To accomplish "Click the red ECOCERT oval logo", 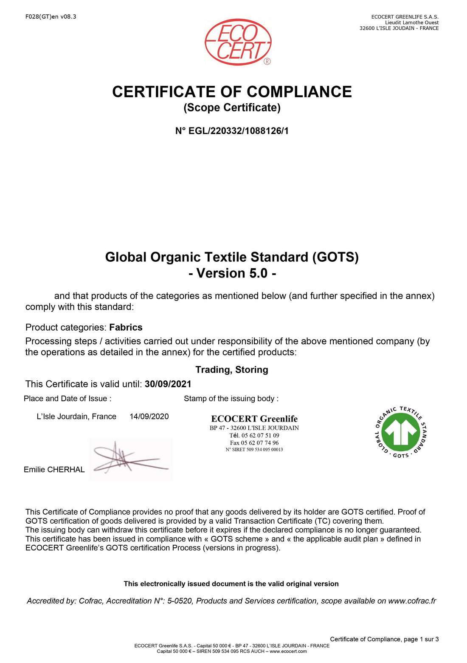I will pos(238,42).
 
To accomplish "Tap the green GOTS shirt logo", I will pos(401,432).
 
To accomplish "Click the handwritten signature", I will pos(129,459).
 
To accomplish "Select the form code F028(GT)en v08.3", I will pos(51,17).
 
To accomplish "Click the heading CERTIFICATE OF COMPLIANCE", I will pos(232,92).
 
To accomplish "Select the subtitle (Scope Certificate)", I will pos(232,108).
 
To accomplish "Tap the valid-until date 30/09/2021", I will pos(168,384).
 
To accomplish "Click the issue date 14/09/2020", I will pos(149,416).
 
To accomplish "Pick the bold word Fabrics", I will pos(126,327).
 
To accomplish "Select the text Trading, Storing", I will pos(232,370).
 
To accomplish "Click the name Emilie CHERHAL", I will pos(54,470).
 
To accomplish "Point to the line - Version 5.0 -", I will pos(232,273).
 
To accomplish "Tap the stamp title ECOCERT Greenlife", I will pos(254,419).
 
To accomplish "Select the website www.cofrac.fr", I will pos(412,601).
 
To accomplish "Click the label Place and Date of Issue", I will pos(68,399).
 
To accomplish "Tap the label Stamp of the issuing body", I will pos(231,399).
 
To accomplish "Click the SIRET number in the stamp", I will pos(254,450).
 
